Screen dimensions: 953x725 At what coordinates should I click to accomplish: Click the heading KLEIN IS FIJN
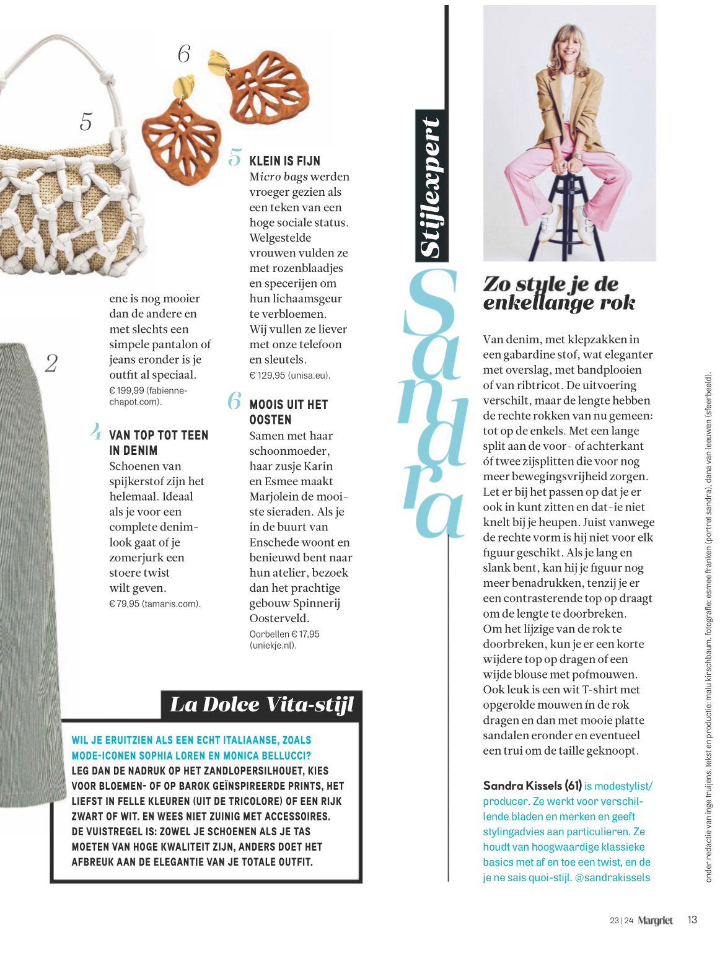284,161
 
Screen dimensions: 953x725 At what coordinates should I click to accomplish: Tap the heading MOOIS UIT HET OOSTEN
288,412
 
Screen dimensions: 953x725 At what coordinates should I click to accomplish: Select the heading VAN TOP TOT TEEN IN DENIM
159,443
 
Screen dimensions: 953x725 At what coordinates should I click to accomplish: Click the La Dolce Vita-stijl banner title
261,705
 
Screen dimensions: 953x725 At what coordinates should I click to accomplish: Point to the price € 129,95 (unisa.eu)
289,375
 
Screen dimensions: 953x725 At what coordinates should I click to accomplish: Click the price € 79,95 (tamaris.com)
155,604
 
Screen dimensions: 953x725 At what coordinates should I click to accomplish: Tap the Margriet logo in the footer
655,921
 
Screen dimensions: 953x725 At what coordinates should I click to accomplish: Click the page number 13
692,920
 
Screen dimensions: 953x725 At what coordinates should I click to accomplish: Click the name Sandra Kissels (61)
532,786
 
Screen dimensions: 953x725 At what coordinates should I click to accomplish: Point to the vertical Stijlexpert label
431,186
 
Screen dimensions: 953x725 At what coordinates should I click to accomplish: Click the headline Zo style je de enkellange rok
559,293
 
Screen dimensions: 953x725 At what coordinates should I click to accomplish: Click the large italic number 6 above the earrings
184,55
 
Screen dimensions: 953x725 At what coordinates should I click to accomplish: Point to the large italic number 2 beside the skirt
51,363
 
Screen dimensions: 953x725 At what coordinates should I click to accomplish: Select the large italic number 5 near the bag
86,121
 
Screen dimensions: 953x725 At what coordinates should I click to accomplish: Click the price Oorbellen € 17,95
284,634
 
